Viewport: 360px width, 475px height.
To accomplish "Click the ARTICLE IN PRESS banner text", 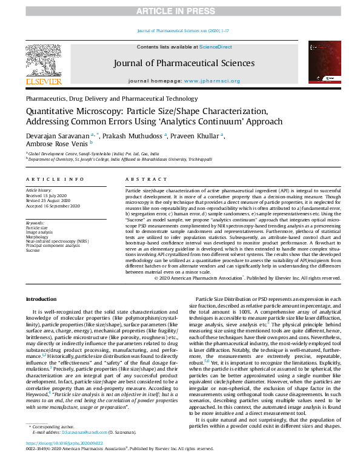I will [179, 11].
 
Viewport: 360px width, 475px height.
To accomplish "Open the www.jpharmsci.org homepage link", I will [212, 81].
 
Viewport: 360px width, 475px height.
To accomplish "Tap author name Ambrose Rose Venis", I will [56, 144].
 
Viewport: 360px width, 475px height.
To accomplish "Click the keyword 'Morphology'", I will [38, 235].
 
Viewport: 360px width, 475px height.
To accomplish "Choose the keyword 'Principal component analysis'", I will [53, 245].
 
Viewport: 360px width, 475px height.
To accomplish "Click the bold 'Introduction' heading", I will [42, 299].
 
